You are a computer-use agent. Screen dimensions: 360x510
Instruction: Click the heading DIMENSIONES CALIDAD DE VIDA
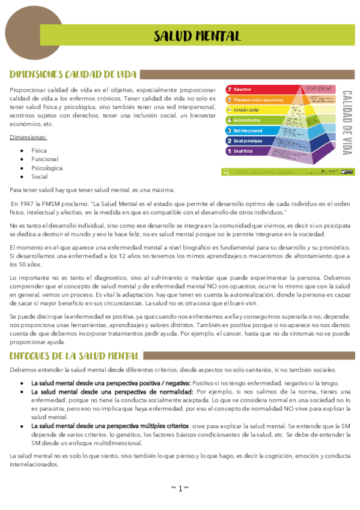73,75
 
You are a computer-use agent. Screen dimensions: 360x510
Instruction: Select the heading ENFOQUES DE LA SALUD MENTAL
75,356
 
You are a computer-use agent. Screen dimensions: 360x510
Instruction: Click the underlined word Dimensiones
28,137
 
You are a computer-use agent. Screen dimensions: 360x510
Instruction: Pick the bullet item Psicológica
47,168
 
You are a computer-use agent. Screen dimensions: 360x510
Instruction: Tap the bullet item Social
40,177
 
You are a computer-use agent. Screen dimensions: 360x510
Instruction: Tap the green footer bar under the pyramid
279,173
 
